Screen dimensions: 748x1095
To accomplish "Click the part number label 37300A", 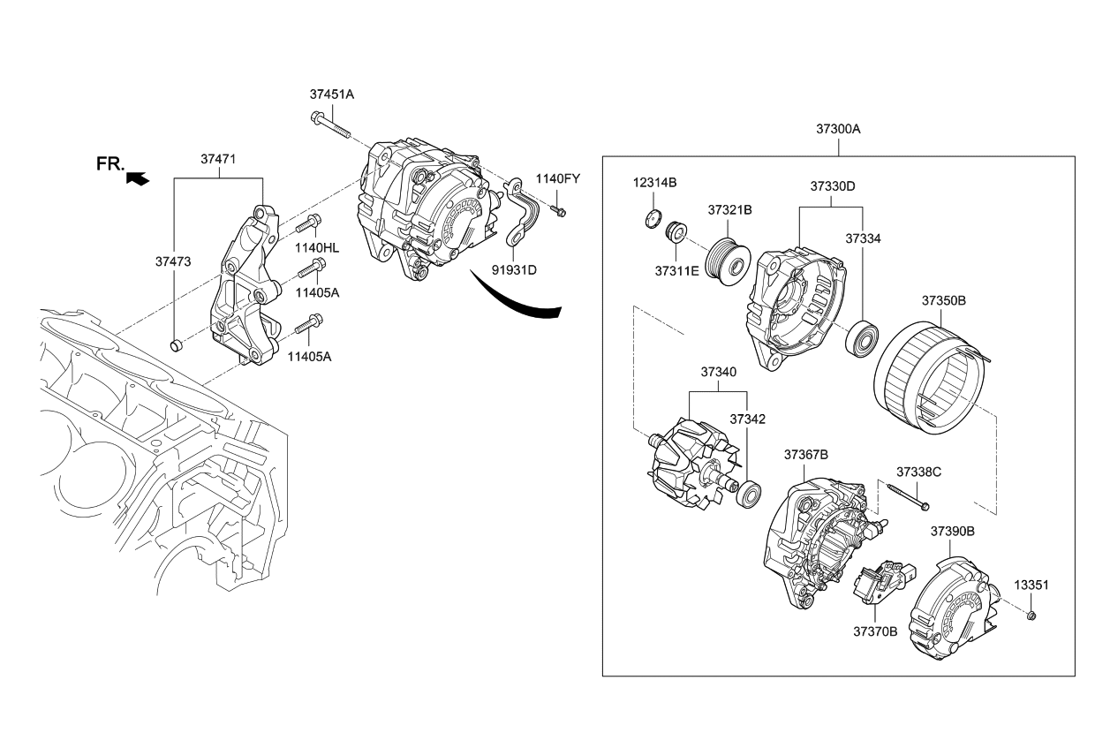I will (838, 129).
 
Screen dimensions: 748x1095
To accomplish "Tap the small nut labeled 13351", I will (1031, 615).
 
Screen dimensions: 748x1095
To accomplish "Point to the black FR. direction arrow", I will (137, 178).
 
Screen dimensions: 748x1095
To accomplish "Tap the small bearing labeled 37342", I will (750, 494).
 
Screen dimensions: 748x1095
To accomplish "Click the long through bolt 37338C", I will (903, 495).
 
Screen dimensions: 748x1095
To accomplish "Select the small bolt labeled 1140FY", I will (558, 211).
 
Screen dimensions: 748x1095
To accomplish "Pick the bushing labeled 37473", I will (175, 343).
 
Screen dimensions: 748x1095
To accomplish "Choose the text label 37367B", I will (805, 455).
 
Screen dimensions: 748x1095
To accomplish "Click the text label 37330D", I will (833, 186).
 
